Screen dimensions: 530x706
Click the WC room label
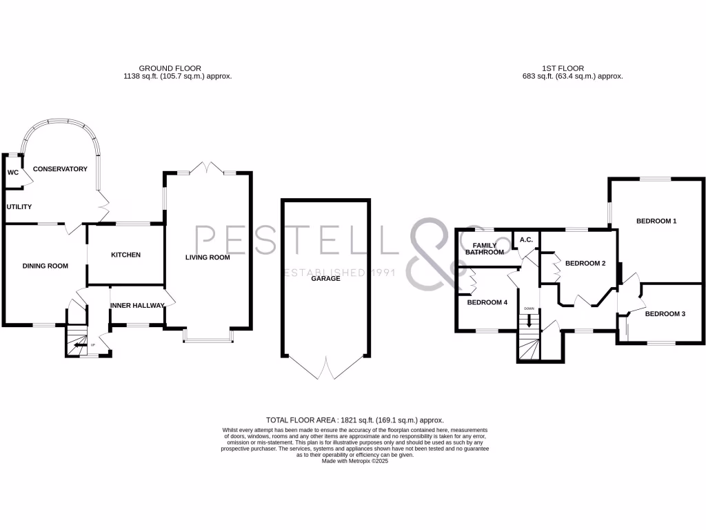pos(12,173)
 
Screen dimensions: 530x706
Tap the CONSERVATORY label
pos(60,169)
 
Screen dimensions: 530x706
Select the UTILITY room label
pos(19,206)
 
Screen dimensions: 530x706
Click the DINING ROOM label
pos(45,266)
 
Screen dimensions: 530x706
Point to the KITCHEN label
pos(125,255)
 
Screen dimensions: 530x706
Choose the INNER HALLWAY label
pos(137,305)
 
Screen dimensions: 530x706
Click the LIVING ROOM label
pos(207,257)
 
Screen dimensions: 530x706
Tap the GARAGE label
pos(325,278)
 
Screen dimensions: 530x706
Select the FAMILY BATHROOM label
pos(484,248)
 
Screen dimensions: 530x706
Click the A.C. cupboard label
pos(526,239)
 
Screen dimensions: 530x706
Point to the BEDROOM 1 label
pos(656,221)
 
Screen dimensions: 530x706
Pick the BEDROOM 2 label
pos(585,263)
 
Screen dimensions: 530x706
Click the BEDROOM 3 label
pos(665,314)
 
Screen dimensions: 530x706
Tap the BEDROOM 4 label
pos(487,302)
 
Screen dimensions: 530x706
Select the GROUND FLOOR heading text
pos(170,68)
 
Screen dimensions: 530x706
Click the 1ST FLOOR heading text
pos(563,68)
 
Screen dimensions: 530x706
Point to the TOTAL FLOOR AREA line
pos(354,420)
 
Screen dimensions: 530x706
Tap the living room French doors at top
pos(208,168)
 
